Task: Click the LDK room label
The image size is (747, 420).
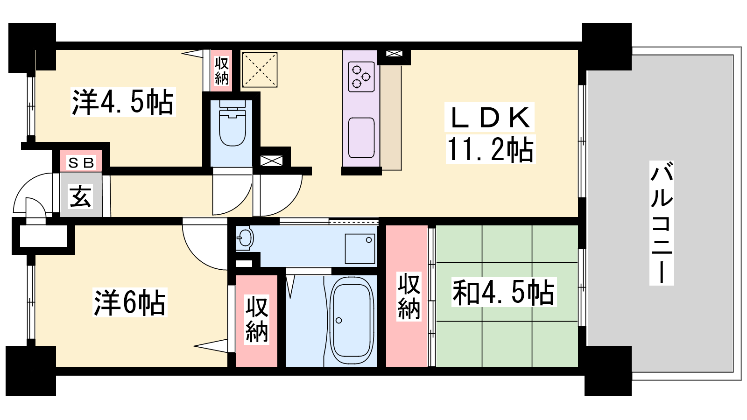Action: click(490, 117)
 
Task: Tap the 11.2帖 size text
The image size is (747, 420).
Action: click(490, 150)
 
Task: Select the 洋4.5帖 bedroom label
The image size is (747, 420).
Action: click(123, 102)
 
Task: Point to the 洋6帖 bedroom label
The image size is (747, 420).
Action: click(130, 303)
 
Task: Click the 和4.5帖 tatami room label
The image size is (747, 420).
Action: click(504, 292)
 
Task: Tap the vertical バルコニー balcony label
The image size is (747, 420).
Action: click(662, 223)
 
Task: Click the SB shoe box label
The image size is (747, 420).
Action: click(81, 163)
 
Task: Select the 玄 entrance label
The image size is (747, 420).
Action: click(80, 196)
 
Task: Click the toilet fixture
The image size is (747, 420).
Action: click(232, 123)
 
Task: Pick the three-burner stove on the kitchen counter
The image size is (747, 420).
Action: click(361, 77)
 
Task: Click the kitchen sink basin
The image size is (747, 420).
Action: click(361, 138)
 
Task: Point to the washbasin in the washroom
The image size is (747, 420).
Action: click(245, 238)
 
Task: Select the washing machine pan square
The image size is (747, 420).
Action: click(360, 249)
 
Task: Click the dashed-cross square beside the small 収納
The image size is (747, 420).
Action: click(260, 70)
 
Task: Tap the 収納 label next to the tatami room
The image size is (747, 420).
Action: click(409, 296)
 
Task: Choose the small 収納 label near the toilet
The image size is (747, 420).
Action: click(221, 70)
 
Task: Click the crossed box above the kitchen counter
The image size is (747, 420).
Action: click(394, 53)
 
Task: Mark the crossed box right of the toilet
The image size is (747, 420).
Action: click(271, 161)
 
